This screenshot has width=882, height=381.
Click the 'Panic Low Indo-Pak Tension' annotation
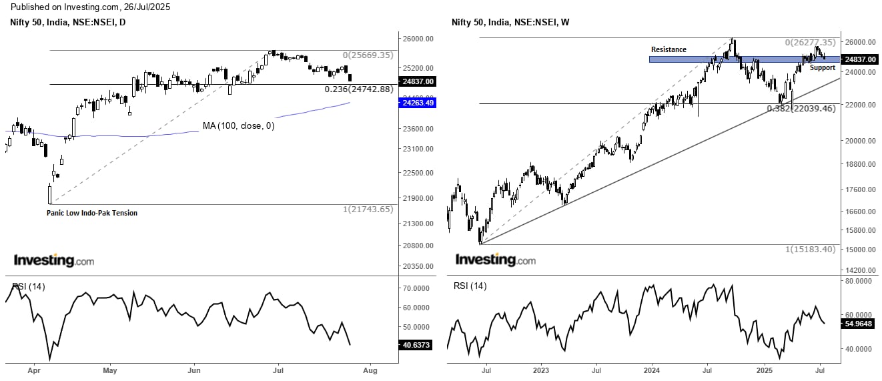92,213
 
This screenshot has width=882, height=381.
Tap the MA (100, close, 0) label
238,125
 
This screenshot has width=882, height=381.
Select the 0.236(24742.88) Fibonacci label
359,89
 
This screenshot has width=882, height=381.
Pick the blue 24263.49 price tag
417,102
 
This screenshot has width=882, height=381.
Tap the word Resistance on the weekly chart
669,49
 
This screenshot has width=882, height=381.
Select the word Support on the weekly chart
822,67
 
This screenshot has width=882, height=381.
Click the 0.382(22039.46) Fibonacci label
801,109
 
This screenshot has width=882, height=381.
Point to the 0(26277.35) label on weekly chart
810,43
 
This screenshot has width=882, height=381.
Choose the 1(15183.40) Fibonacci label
810,249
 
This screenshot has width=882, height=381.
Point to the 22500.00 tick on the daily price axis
417,173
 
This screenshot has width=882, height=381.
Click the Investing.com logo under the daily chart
54,260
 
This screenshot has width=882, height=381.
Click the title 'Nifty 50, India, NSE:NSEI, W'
510,23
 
